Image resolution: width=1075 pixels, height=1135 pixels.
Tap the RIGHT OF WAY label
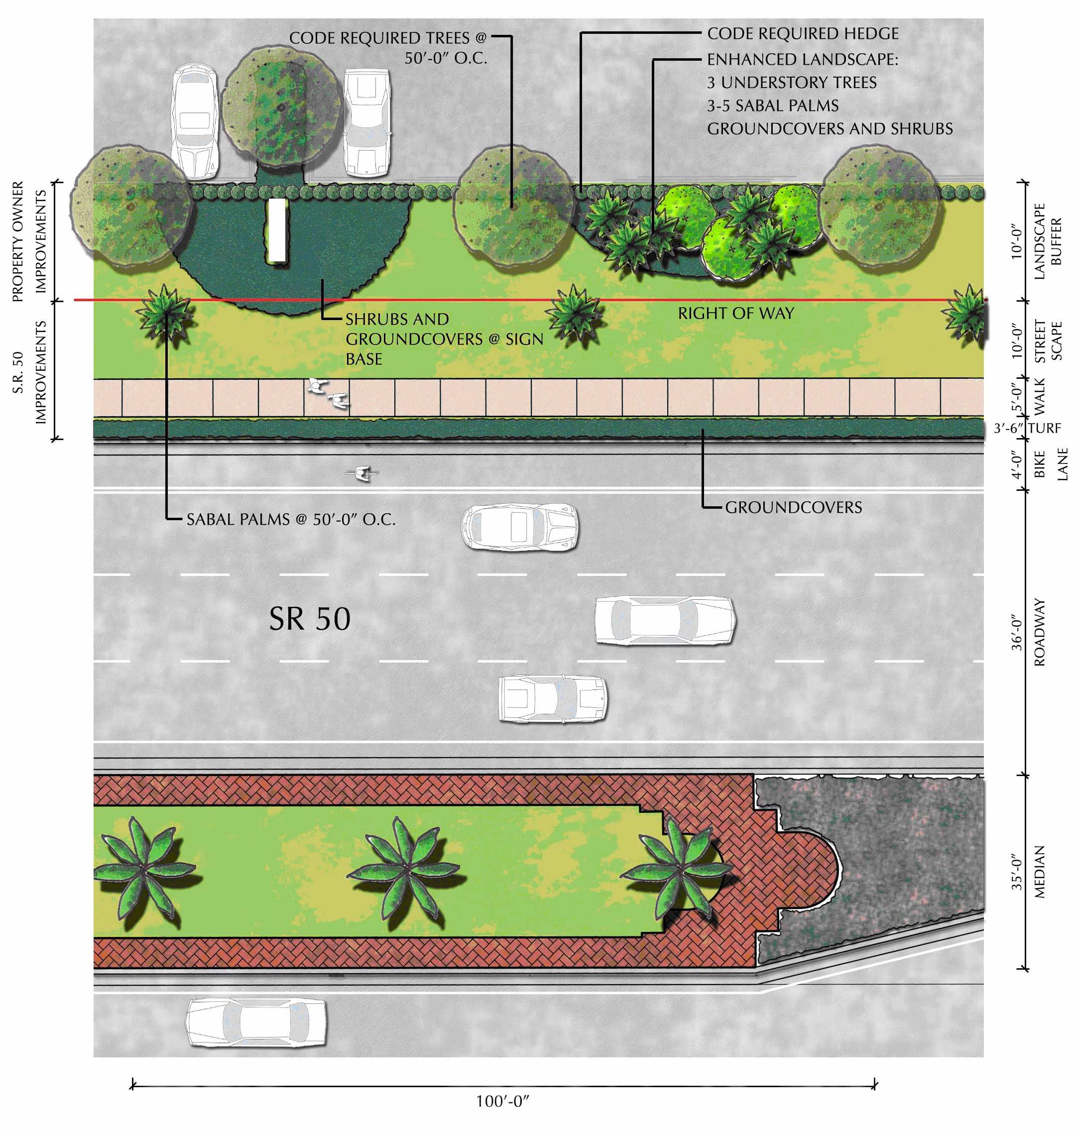[x=736, y=314]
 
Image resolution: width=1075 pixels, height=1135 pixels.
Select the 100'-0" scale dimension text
[x=502, y=1101]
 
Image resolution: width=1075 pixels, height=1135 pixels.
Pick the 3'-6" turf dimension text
[x=1009, y=428]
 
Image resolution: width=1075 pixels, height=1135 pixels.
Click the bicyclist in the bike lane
[x=362, y=473]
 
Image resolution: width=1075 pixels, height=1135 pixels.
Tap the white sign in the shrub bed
[x=277, y=230]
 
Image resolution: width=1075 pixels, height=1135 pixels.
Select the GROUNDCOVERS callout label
[x=793, y=507]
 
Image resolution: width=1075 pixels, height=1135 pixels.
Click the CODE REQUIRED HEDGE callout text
[x=802, y=34]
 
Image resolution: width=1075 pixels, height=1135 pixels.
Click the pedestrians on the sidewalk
[x=328, y=394]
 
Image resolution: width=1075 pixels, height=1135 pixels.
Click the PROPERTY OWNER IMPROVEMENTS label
[x=29, y=241]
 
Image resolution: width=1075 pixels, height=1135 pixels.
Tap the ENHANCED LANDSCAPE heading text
[x=802, y=59]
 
